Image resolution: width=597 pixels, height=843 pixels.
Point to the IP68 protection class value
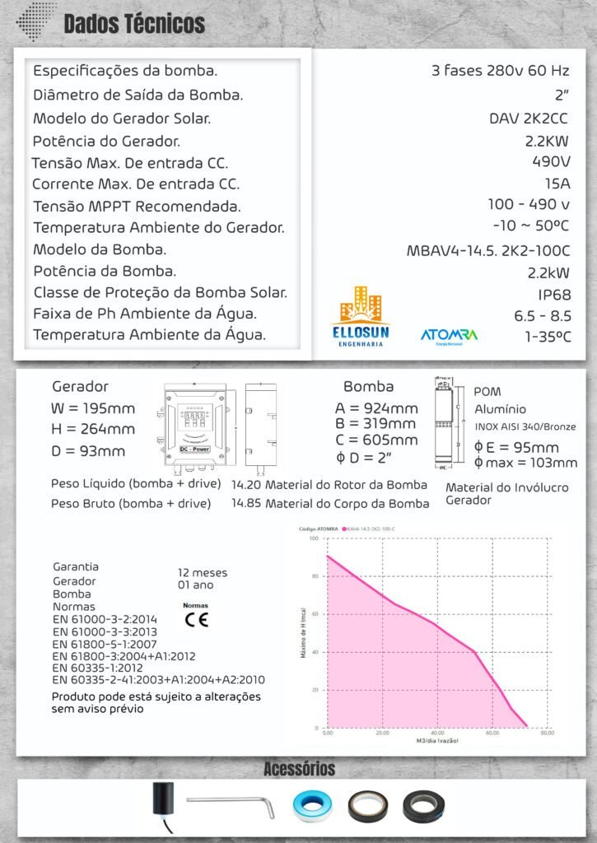pyautogui.click(x=554, y=294)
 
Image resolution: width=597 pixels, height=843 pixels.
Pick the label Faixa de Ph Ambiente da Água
pyautogui.click(x=145, y=314)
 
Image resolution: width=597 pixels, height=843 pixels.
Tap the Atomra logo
pyautogui.click(x=449, y=336)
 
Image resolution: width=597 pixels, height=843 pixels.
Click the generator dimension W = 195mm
pyautogui.click(x=93, y=408)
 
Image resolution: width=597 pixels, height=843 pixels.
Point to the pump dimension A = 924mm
pyautogui.click(x=376, y=408)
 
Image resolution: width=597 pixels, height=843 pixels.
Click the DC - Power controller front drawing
pyautogui.click(x=193, y=426)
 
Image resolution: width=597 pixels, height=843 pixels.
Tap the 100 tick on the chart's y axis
pyautogui.click(x=313, y=538)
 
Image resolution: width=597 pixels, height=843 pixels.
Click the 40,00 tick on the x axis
pyautogui.click(x=437, y=733)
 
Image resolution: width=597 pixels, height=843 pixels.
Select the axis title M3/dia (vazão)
pyautogui.click(x=437, y=741)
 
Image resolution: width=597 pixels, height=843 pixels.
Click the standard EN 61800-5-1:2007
pyautogui.click(x=104, y=645)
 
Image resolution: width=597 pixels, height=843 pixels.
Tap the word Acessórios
pyautogui.click(x=299, y=769)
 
